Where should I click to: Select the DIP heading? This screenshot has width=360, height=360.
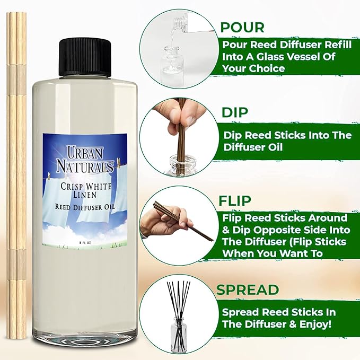click(x=234, y=113)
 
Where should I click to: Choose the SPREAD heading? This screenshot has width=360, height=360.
click(x=248, y=289)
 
